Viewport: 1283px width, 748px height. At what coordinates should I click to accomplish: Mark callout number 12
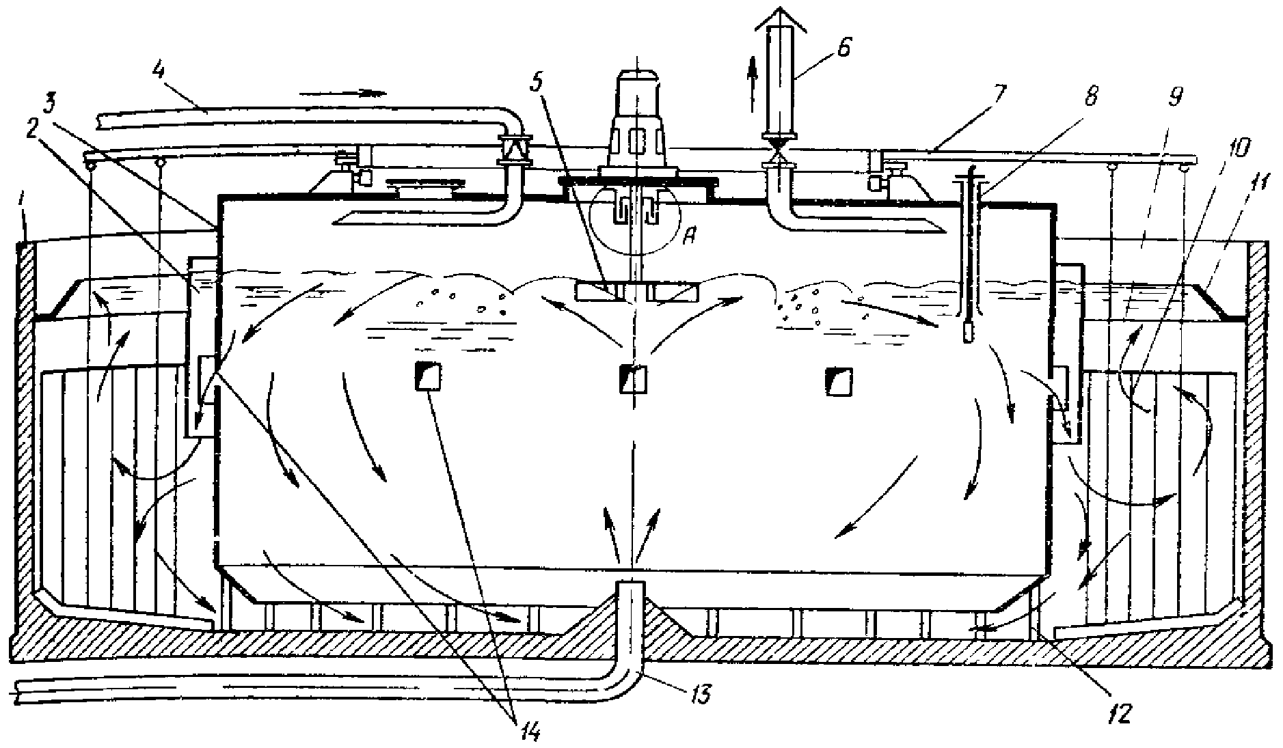(1120, 712)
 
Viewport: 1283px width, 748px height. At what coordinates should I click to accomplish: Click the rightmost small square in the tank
(839, 380)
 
